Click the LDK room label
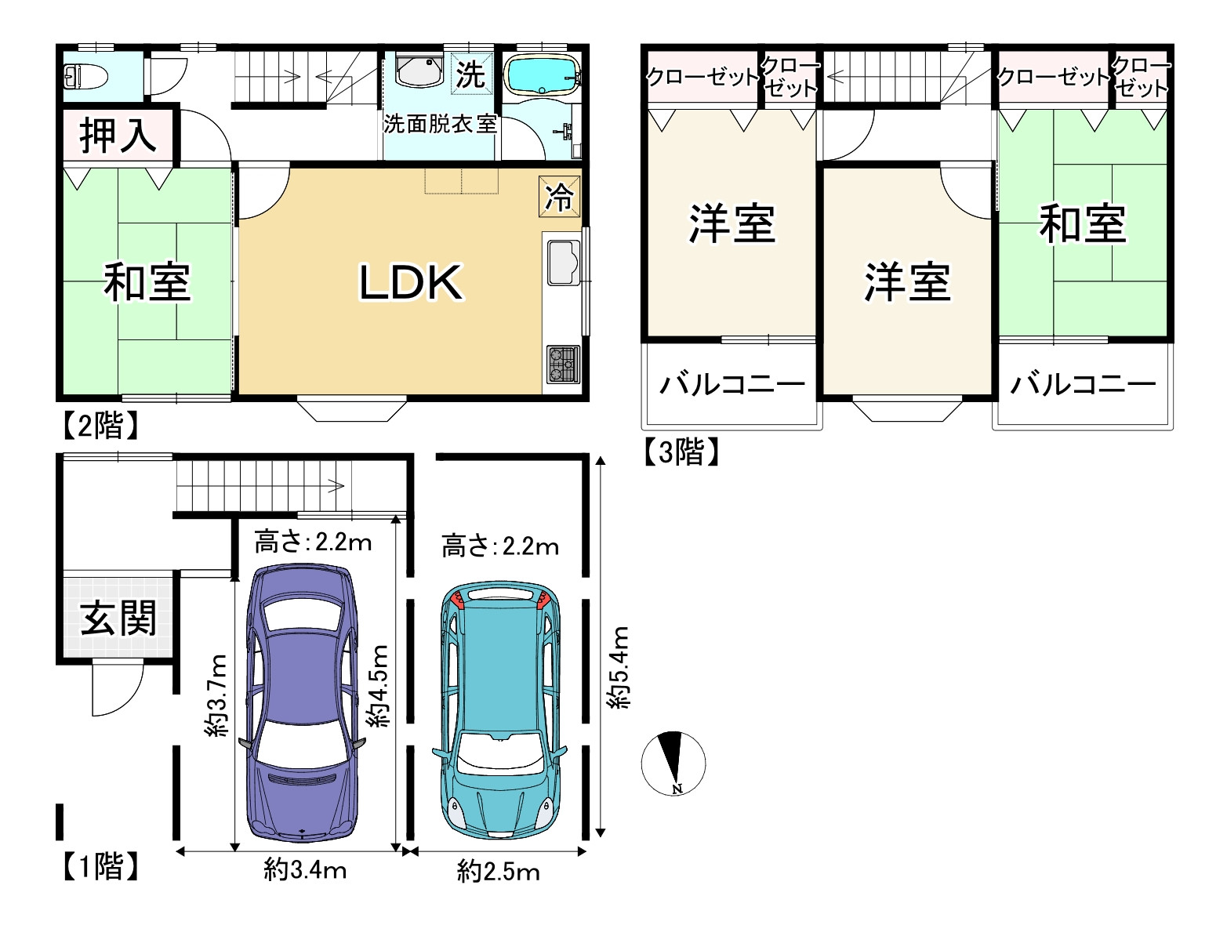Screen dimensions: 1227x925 point(410,282)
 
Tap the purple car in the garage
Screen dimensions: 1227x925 point(303,702)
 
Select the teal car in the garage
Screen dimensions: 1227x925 point(499,709)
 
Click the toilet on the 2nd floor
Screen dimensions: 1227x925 point(85,77)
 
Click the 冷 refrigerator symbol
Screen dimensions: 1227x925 point(560,196)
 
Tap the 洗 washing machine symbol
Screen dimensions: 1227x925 point(471,74)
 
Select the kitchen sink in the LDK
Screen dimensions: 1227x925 point(563,262)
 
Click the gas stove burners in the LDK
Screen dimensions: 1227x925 point(563,364)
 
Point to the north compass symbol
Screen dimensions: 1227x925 point(673,763)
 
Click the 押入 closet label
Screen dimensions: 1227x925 point(118,135)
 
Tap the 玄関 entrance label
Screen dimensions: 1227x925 point(118,618)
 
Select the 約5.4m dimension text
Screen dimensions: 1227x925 point(619,668)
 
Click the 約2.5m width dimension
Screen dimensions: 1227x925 point(498,872)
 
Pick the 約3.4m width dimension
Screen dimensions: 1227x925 point(305,869)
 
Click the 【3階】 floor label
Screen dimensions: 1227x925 point(681,452)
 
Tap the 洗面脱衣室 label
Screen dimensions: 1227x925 point(440,124)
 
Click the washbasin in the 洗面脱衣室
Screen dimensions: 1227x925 point(419,71)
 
